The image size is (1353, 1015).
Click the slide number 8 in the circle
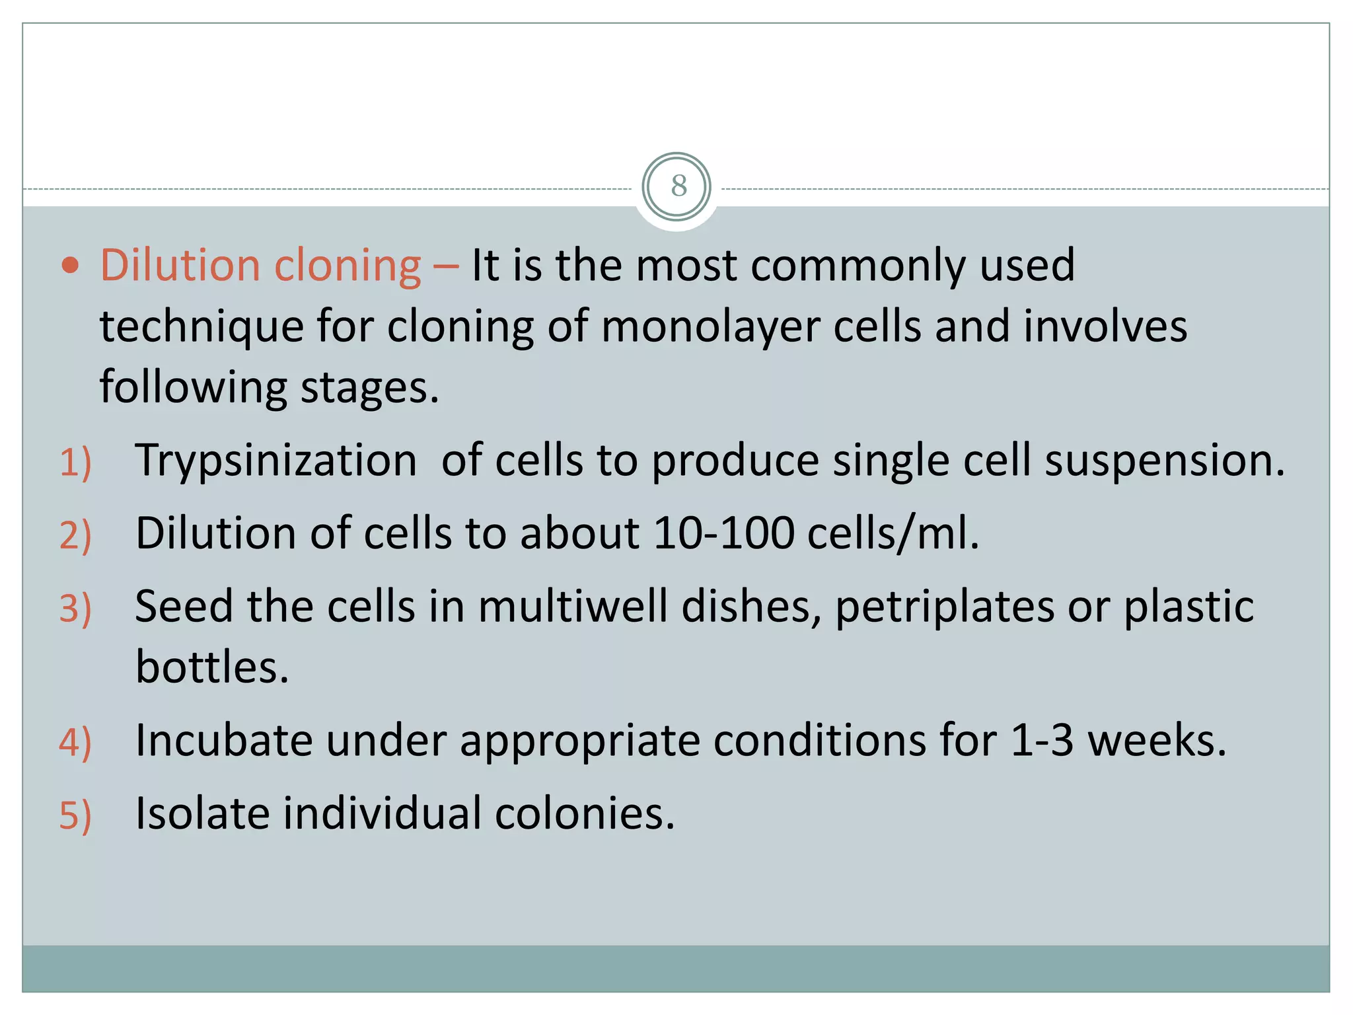(678, 186)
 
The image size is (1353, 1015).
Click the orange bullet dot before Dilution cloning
(70, 266)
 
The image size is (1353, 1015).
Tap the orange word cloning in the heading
(347, 266)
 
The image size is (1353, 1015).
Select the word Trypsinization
(276, 461)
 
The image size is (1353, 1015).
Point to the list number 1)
(75, 462)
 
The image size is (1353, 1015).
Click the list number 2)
(75, 535)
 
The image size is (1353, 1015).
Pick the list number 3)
(75, 608)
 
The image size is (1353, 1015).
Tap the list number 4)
(75, 741)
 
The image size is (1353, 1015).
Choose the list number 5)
(75, 815)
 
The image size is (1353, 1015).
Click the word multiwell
(572, 607)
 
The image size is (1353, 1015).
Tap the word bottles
(212, 667)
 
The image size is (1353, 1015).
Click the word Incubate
(224, 740)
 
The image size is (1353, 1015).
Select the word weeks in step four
(1156, 740)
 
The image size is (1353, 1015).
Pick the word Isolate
(202, 813)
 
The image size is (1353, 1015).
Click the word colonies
(585, 813)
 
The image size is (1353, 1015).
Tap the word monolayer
(710, 328)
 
